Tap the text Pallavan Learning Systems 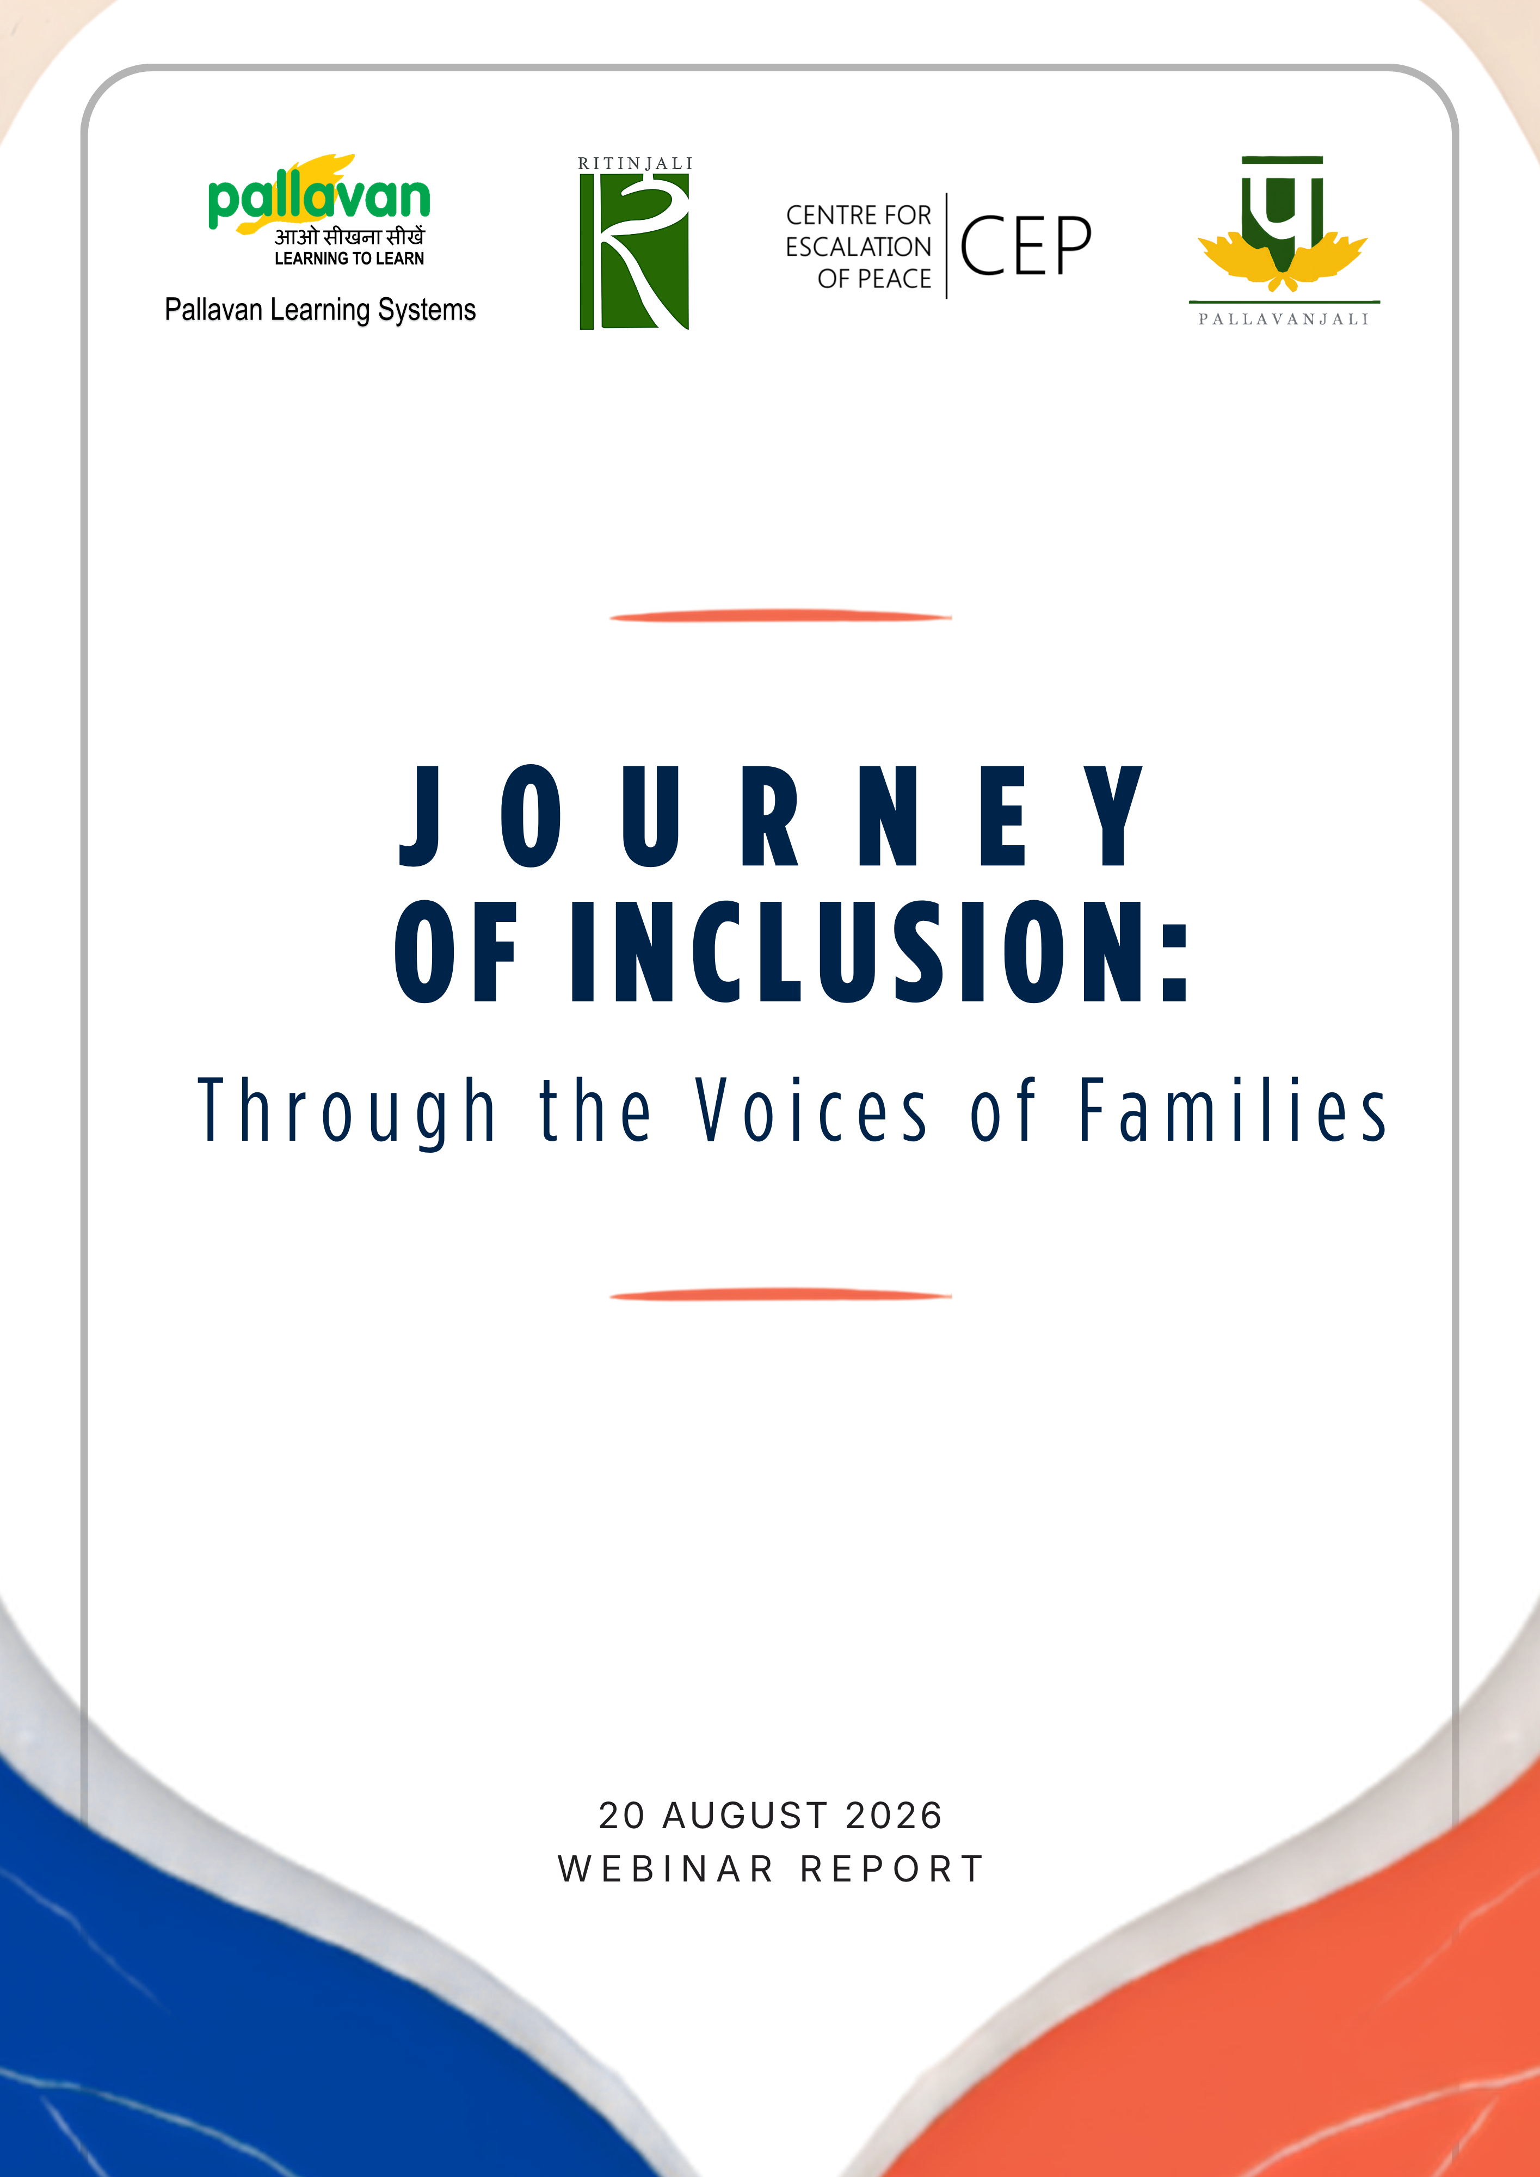coord(321,310)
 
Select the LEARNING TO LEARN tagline coord(349,258)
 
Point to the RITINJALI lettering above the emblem coord(635,163)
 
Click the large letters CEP coord(1025,245)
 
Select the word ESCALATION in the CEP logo coord(858,247)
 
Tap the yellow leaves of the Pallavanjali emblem coord(1282,260)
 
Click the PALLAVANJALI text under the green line coord(1284,319)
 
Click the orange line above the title coord(780,616)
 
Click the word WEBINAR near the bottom coord(666,1869)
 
